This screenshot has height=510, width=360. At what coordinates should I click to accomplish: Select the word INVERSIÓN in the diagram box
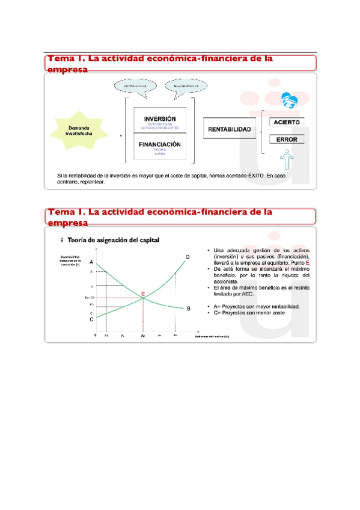pyautogui.click(x=160, y=118)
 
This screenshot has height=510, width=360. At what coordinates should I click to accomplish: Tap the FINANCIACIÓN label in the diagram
pyautogui.click(x=160, y=145)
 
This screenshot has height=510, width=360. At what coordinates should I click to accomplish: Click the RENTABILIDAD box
pyautogui.click(x=230, y=129)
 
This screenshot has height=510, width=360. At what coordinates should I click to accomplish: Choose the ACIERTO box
pyautogui.click(x=287, y=122)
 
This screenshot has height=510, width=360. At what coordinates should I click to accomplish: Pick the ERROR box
pyautogui.click(x=287, y=140)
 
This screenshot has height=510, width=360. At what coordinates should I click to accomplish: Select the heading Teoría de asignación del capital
pyautogui.click(x=114, y=241)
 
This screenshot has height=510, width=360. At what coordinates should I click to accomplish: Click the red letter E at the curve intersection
pyautogui.click(x=143, y=293)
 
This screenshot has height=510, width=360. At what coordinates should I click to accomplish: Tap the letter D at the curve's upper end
pyautogui.click(x=188, y=257)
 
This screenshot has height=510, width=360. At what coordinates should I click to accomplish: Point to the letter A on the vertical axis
pyautogui.click(x=92, y=263)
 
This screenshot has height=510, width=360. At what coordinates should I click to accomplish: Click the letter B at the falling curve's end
pyautogui.click(x=188, y=309)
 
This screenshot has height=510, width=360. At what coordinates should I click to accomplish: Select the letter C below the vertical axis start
pyautogui.click(x=91, y=319)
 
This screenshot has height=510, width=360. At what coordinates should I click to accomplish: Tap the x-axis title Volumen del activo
pyautogui.click(x=212, y=337)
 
